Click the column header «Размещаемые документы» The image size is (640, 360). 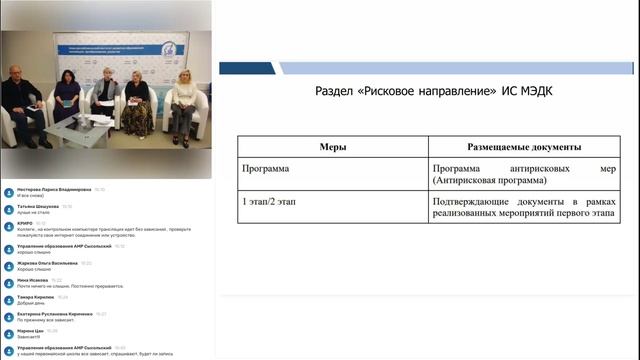point(492,146)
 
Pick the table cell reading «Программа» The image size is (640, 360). point(266,169)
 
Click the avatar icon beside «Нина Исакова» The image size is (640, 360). point(8,282)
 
